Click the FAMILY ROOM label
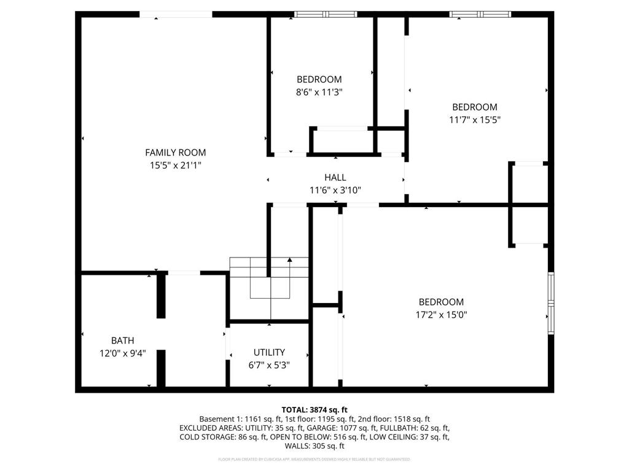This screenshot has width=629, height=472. click(175, 152)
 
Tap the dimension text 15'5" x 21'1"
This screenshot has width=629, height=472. click(175, 165)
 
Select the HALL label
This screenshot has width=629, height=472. click(335, 178)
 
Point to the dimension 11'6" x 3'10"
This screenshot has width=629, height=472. click(335, 190)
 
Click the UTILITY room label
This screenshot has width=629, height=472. click(269, 352)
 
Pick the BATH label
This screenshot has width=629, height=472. click(122, 340)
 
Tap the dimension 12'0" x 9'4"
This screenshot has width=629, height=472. click(122, 353)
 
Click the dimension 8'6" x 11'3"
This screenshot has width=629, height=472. click(319, 92)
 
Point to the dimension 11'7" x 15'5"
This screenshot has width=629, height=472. click(474, 120)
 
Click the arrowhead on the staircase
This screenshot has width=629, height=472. click(289, 261)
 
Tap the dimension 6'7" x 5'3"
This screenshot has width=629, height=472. click(269, 364)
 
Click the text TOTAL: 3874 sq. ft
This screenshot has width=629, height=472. click(314, 409)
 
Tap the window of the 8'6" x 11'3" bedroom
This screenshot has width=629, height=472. click(325, 14)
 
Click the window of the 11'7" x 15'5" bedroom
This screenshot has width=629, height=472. click(480, 14)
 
